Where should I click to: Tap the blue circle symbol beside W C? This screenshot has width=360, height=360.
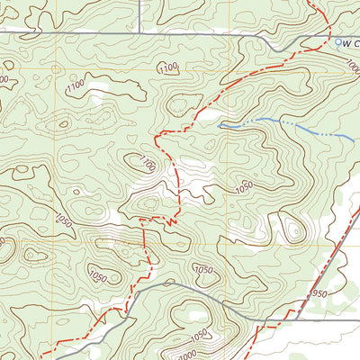point(338,41)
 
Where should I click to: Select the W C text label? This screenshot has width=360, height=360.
point(351,42)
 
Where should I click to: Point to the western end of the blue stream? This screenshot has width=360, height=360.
point(220,128)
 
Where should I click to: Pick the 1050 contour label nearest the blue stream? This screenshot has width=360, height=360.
point(242,186)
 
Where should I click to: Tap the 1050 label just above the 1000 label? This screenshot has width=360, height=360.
point(203,270)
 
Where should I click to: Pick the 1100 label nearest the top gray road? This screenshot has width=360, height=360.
point(166,67)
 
